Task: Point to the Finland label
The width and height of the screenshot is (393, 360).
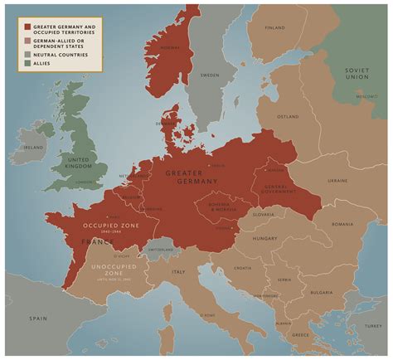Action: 274,28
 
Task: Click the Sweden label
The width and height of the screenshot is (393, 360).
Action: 210,75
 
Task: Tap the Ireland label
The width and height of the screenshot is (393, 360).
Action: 34,148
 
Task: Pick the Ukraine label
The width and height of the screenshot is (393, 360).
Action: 337,180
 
